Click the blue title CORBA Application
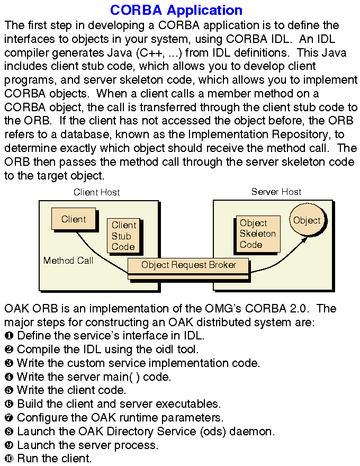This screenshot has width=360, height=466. [176, 10]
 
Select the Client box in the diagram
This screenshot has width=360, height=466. [74, 219]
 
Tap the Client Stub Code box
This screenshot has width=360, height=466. [123, 236]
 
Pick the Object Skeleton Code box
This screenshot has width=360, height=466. [258, 234]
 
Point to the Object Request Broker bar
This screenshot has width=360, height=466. [188, 265]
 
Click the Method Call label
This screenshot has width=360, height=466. [68, 261]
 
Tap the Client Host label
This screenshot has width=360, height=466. [97, 192]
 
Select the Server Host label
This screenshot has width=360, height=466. [276, 192]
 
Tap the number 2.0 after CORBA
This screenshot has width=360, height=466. [303, 308]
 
